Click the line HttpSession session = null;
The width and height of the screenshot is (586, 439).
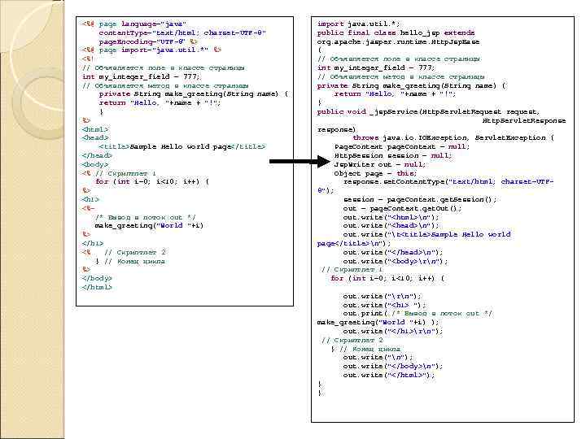pos(392,155)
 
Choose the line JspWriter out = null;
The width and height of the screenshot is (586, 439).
pos(379,164)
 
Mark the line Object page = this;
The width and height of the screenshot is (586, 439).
pos(374,173)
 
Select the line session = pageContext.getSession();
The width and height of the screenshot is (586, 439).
pos(419,199)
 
